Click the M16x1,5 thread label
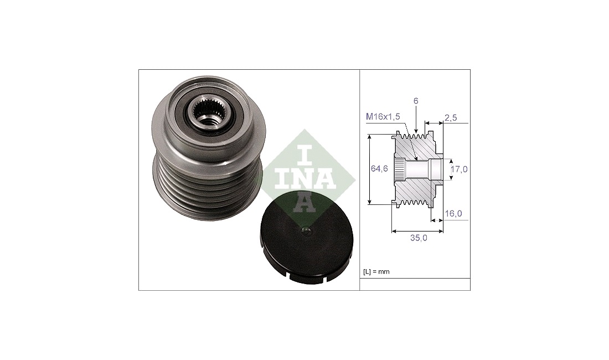(383, 116)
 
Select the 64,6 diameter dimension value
(379, 168)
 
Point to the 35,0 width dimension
(419, 238)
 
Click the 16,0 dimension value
(453, 214)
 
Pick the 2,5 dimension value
(451, 117)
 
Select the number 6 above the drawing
(416, 101)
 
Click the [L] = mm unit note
(376, 272)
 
